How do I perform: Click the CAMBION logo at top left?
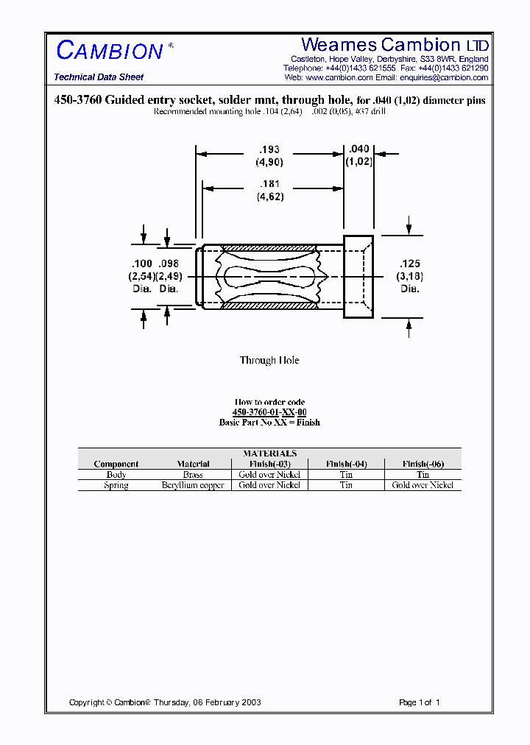(110, 51)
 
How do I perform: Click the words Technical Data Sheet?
(99, 77)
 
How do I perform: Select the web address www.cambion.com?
(339, 77)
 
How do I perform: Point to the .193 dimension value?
(269, 149)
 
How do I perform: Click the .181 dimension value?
(269, 184)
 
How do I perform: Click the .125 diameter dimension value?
(410, 263)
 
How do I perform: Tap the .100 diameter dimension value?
(141, 263)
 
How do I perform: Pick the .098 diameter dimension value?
(169, 263)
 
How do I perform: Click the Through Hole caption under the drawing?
(269, 360)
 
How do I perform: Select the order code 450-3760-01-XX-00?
(269, 412)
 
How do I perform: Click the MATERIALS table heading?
(269, 453)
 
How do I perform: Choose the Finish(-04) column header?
(346, 464)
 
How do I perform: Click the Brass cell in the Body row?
(193, 475)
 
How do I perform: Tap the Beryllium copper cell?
(193, 485)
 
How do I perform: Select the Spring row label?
(116, 485)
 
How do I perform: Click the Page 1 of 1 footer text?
(419, 702)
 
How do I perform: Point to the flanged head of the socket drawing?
(358, 277)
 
